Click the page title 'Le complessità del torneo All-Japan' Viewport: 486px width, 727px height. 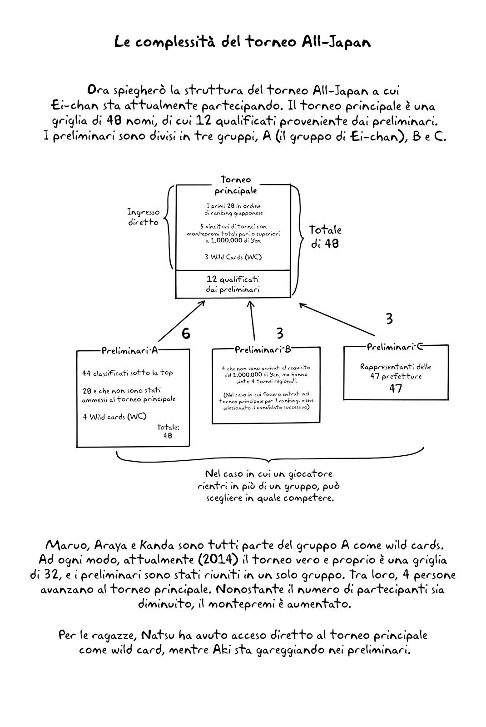(243, 42)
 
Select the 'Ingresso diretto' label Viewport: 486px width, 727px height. (144, 217)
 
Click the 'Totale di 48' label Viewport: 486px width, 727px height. (325, 237)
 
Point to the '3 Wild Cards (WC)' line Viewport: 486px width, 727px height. (233, 257)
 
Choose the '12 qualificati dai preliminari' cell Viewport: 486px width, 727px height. (233, 284)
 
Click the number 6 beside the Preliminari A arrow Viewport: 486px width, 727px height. (186, 334)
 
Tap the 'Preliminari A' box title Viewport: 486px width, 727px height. (129, 350)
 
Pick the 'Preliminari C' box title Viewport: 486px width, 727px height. (395, 347)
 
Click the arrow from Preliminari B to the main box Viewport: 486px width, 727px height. (252, 320)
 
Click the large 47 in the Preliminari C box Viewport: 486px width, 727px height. (396, 388)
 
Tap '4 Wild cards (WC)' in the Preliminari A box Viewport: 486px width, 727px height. (114, 417)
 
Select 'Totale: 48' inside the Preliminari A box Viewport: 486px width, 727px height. (168, 431)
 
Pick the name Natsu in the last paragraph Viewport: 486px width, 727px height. (158, 635)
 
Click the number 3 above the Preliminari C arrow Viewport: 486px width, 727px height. (389, 319)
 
